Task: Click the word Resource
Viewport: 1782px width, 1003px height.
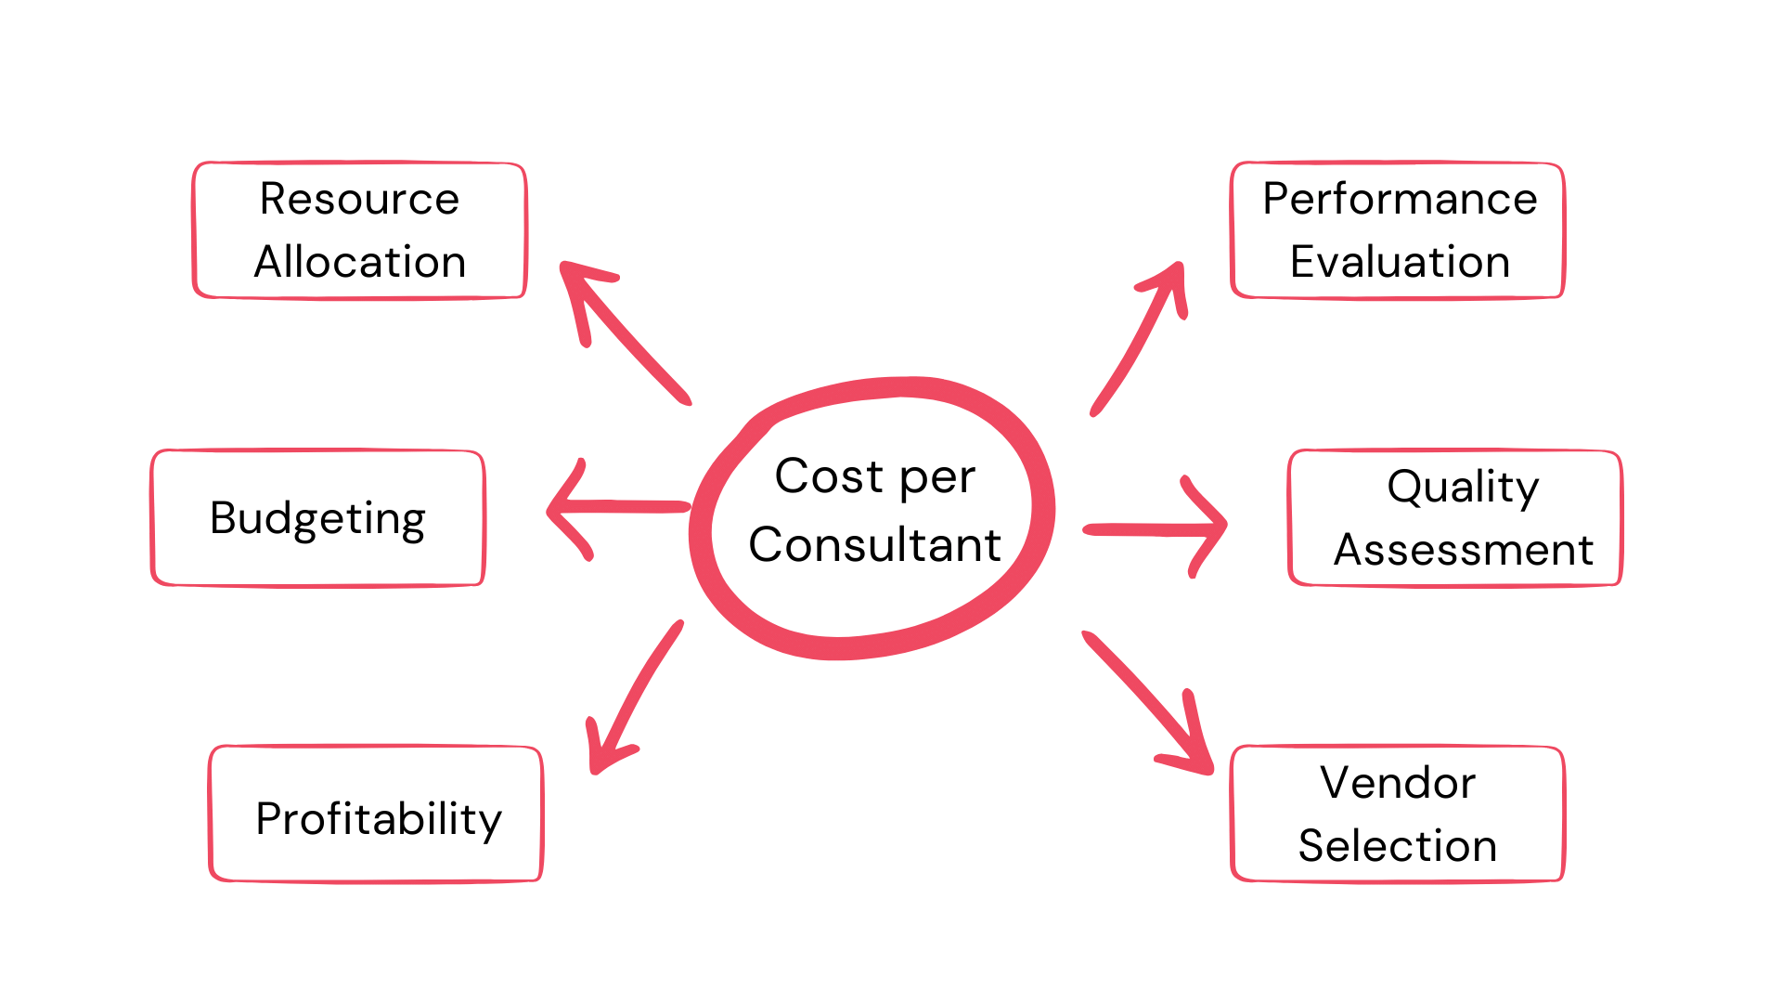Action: [359, 199]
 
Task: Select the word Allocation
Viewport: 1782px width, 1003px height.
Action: [360, 262]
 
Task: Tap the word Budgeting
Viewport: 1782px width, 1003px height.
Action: [317, 518]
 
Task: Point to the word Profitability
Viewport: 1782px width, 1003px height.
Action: [379, 819]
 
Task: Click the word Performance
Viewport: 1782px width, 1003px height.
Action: [1400, 199]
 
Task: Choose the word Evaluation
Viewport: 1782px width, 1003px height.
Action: [1400, 262]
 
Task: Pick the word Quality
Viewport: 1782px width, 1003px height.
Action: [1463, 487]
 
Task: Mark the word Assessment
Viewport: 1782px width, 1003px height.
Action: [1464, 550]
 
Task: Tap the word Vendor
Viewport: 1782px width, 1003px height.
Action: [1398, 783]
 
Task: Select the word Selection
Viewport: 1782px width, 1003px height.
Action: [1398, 846]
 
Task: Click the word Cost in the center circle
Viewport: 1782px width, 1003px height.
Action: [829, 476]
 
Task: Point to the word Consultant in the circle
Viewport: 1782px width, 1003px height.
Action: [875, 544]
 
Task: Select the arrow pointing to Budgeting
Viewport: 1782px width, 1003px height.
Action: [617, 507]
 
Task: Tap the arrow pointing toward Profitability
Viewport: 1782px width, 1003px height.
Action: [636, 693]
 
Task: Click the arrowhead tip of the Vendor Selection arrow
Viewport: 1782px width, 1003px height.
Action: [1208, 769]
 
